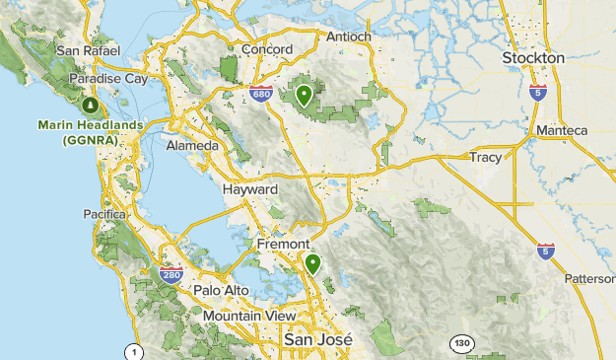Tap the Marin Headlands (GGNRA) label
point(89,132)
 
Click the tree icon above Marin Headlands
point(91,105)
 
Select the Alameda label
point(193,145)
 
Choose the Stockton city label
point(533,58)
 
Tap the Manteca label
point(561,130)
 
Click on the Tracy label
point(485,157)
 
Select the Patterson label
point(589,278)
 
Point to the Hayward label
point(250,188)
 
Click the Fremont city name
point(283,244)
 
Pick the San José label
point(316,338)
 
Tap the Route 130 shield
point(460,343)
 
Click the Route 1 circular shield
point(133,351)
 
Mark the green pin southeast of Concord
point(305,97)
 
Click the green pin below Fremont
point(312,263)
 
